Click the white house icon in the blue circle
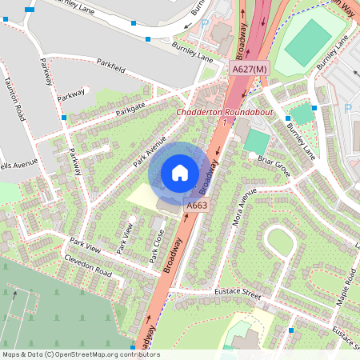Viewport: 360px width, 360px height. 180,173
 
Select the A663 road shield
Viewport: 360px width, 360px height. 197,206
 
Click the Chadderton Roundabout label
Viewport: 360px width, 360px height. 225,113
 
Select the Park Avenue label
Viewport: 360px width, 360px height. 150,150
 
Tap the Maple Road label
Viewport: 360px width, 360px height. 349,287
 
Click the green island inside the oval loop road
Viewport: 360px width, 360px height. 281,241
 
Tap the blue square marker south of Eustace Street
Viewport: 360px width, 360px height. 291,330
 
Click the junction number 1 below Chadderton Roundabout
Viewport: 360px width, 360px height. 226,122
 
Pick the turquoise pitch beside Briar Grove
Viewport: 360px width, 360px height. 257,141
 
